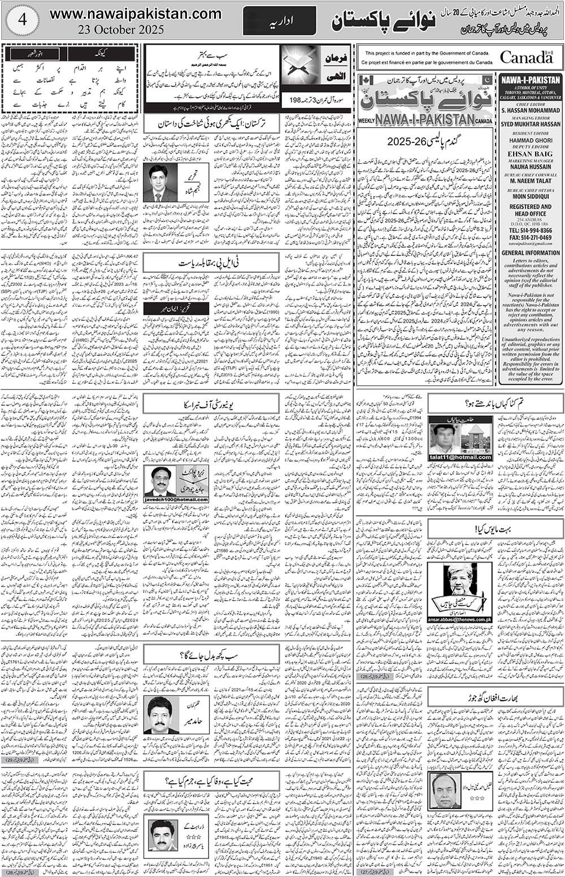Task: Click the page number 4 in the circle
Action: [21, 20]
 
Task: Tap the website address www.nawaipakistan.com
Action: [128, 15]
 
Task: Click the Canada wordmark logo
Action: [525, 58]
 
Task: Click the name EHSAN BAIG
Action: [530, 151]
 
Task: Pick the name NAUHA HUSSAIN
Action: [530, 167]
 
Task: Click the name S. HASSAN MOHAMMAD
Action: [530, 111]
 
